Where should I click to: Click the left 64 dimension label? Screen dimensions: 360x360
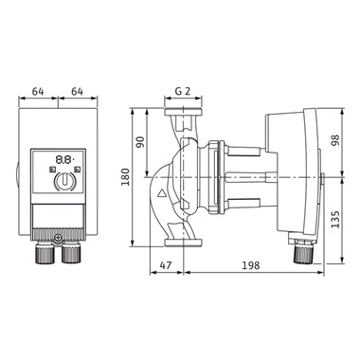pyautogui.click(x=38, y=92)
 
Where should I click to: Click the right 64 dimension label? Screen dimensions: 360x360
pyautogui.click(x=77, y=92)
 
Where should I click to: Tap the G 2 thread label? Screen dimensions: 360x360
pyautogui.click(x=183, y=91)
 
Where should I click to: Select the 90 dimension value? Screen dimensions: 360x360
pyautogui.click(x=140, y=142)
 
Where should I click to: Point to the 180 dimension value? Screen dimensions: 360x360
pyautogui.click(x=125, y=177)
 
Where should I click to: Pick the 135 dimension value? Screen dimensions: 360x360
pyautogui.click(x=335, y=219)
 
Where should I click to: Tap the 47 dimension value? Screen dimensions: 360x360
pyautogui.click(x=166, y=265)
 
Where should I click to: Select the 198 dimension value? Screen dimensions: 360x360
pyautogui.click(x=251, y=265)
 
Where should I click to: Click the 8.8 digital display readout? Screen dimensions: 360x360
pyautogui.click(x=64, y=159)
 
